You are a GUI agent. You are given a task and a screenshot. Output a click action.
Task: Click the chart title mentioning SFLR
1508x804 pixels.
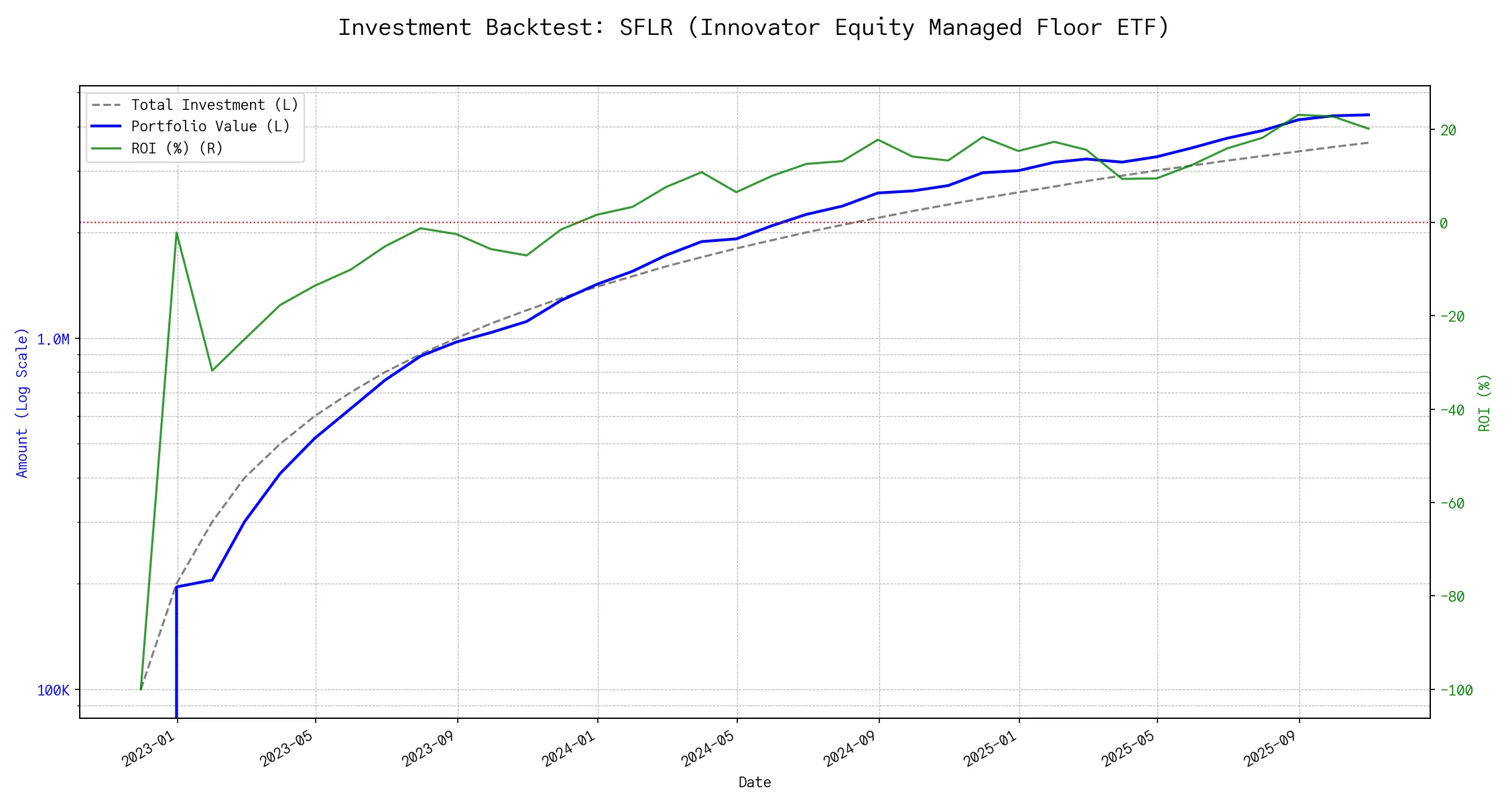(753, 27)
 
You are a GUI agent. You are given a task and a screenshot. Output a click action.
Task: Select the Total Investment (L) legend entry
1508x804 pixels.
(214, 105)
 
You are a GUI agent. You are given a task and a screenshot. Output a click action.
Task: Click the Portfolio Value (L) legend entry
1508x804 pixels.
(210, 127)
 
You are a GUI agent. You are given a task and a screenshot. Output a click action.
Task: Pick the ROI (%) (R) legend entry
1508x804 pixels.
(177, 148)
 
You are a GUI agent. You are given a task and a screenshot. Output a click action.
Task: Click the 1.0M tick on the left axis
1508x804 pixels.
(53, 340)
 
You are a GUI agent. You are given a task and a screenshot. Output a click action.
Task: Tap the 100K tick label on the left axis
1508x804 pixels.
(53, 690)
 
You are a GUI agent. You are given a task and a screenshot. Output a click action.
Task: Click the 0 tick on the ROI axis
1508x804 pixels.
(1444, 223)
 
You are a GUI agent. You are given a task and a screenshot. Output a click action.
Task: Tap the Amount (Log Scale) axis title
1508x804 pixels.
(22, 402)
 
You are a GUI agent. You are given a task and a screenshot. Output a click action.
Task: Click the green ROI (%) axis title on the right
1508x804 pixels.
(1485, 402)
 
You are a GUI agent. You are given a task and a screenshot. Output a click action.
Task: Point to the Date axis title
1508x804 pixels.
(754, 783)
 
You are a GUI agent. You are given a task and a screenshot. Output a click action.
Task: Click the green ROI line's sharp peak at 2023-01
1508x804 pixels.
(176, 232)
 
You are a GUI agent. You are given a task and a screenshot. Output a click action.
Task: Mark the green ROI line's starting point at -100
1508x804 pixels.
(141, 689)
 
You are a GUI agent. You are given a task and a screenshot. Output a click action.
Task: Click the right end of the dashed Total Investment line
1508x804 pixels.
(1369, 143)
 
